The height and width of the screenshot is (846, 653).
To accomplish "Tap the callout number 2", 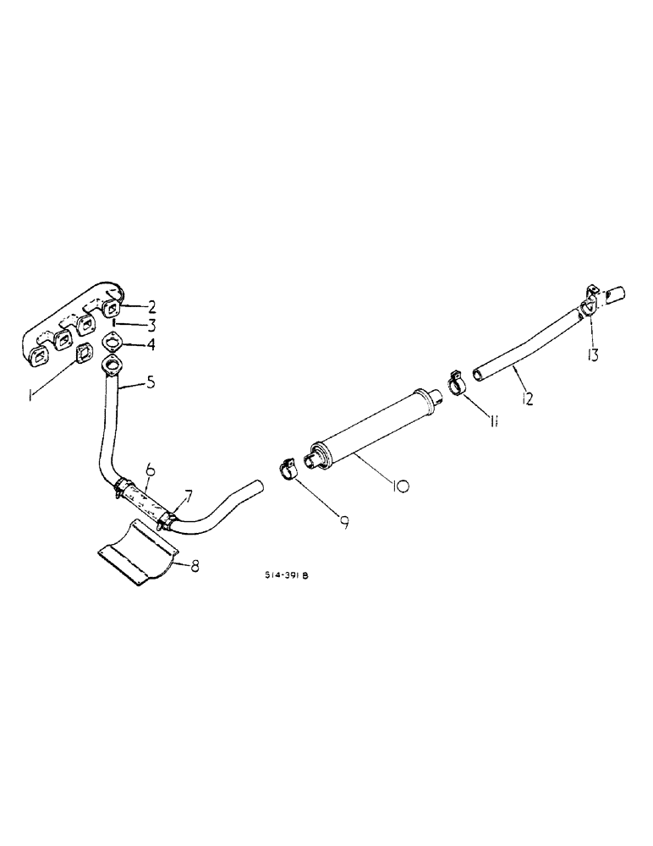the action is coord(151,306).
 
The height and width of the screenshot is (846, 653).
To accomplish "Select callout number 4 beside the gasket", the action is coord(151,343).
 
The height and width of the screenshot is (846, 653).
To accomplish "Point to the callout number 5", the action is coord(151,382).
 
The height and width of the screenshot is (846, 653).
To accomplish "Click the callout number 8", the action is coord(195,566).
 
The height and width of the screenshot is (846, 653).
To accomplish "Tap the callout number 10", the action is coord(400,486).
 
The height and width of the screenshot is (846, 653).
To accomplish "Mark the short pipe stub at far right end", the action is coord(615,294).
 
